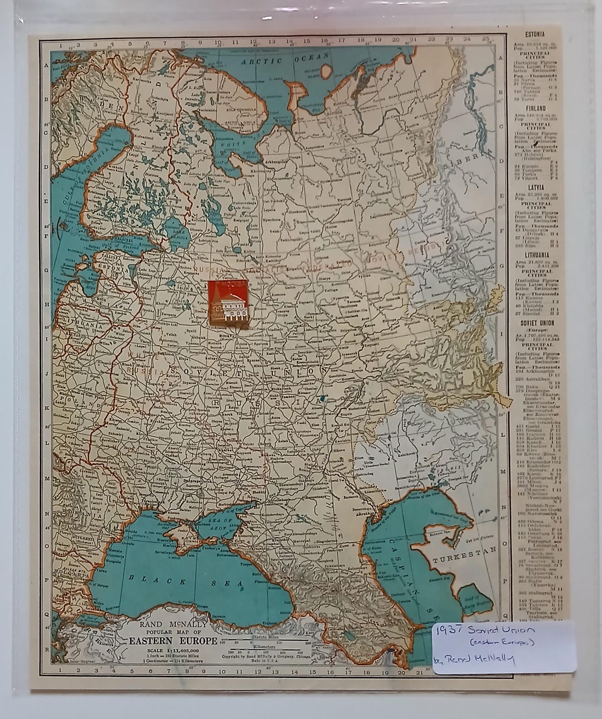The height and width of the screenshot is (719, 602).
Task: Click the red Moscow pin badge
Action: pos(229,303)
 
